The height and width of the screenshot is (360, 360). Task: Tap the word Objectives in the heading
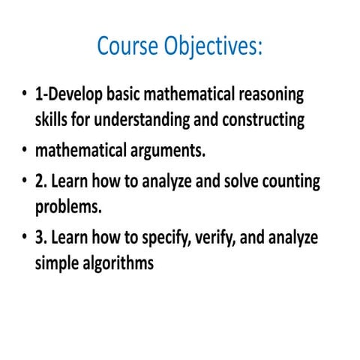pos(211,47)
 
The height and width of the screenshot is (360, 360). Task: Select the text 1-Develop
pos(65,95)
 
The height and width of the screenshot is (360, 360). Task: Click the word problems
pos(66,206)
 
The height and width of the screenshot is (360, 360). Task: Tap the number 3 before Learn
pos(39,238)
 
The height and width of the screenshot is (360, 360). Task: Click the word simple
pos(55,263)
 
